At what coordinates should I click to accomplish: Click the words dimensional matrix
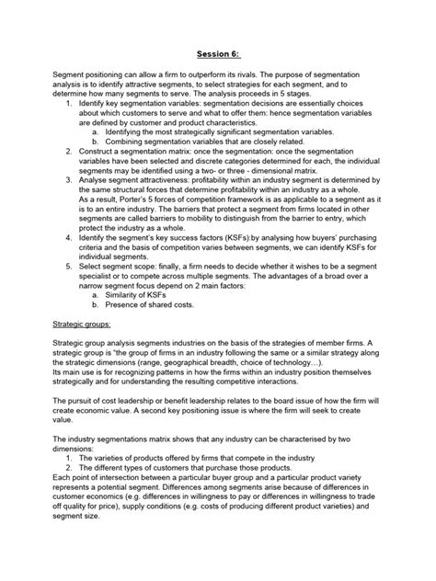(342, 185)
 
